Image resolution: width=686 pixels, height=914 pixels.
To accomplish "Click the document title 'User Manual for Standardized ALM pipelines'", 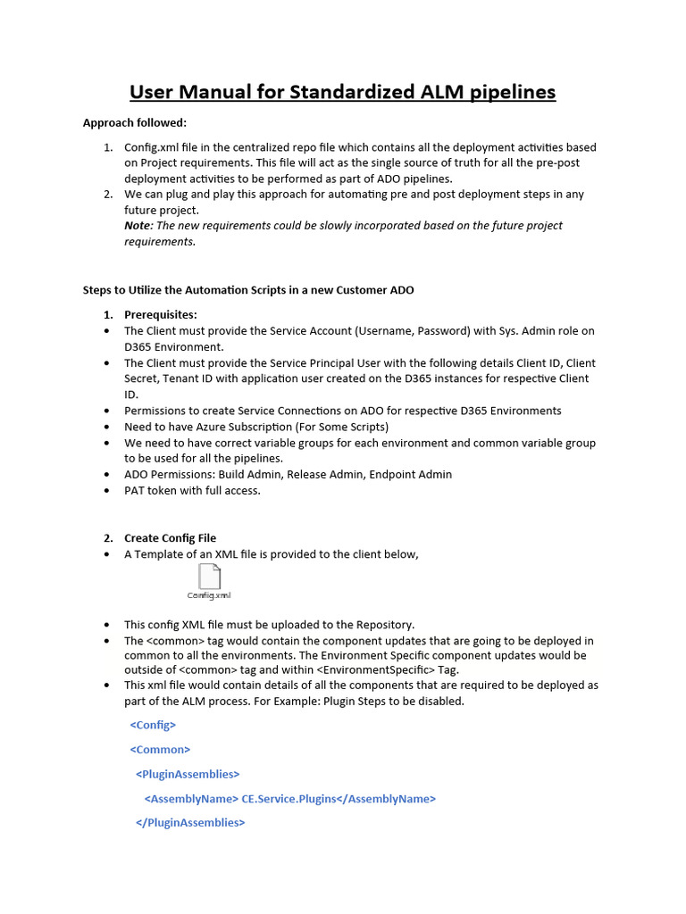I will click(342, 92).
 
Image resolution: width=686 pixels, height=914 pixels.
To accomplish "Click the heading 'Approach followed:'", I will click(135, 123).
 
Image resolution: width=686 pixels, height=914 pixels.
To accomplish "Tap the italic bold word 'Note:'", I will click(138, 226).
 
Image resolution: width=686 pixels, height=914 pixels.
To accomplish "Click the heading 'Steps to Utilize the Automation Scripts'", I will click(248, 290).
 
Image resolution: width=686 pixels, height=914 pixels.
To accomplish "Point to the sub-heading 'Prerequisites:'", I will click(161, 314).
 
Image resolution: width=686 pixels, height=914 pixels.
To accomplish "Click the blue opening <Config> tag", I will click(153, 726).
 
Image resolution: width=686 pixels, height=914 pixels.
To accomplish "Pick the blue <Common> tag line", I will click(160, 750).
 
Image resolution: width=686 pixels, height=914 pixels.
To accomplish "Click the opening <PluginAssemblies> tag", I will click(188, 774).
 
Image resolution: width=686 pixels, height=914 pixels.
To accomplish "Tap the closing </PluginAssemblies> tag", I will click(189, 822).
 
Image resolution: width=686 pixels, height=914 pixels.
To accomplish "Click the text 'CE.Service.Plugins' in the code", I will click(289, 799).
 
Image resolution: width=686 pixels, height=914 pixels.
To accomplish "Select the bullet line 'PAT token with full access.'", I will click(192, 491).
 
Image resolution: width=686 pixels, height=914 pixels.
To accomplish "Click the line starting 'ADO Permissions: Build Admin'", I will click(288, 475).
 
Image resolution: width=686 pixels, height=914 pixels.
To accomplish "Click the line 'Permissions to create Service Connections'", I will click(342, 411).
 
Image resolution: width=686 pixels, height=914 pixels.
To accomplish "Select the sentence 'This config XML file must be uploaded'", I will click(269, 625).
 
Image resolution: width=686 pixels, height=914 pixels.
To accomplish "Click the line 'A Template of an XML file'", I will click(271, 554).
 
